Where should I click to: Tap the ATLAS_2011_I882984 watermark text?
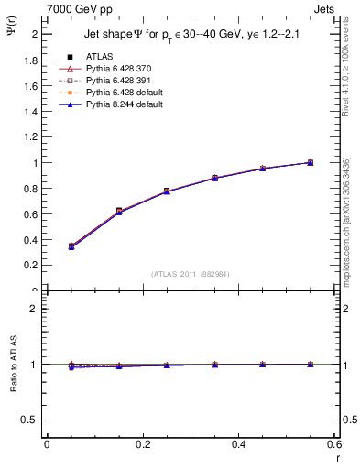(x=190, y=274)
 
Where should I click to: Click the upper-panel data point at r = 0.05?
(x=71, y=246)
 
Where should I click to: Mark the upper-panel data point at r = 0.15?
(x=119, y=212)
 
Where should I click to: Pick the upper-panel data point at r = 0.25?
(x=167, y=191)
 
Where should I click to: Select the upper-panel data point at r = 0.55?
(x=310, y=162)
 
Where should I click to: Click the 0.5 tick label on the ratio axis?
(x=27, y=420)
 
